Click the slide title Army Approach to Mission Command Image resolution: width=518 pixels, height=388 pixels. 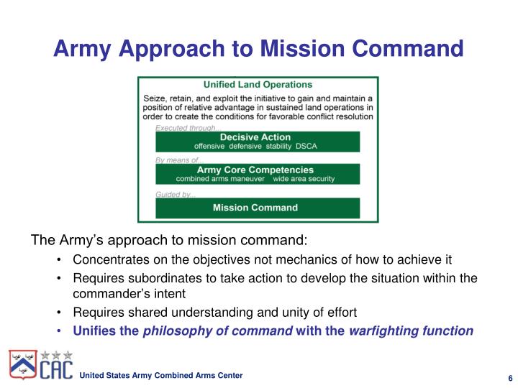[x=259, y=49]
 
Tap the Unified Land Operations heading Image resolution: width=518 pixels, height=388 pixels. [x=258, y=85]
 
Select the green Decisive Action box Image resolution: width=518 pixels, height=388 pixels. [x=258, y=141]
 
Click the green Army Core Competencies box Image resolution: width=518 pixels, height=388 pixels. [x=258, y=174]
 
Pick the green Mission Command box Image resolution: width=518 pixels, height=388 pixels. [x=258, y=208]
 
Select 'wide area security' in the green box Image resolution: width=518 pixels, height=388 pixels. [x=304, y=178]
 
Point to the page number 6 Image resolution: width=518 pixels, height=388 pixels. [x=509, y=379]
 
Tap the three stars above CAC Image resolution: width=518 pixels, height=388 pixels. [x=56, y=355]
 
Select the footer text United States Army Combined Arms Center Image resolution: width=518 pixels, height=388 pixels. [x=160, y=376]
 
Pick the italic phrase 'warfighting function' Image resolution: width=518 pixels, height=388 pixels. [x=411, y=331]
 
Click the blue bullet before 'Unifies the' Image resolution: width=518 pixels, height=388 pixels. [x=58, y=331]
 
